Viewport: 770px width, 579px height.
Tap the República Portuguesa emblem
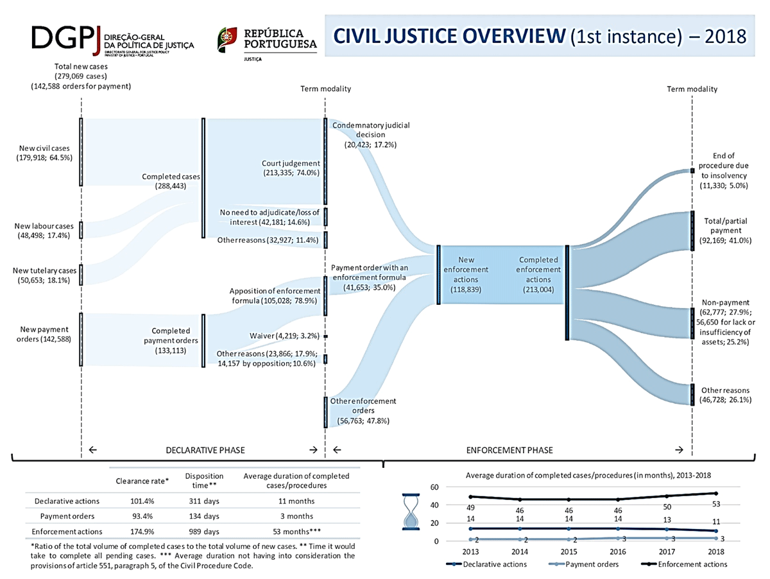pos(227,40)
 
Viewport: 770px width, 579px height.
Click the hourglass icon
pos(411,512)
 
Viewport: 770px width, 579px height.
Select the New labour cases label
pos(44,230)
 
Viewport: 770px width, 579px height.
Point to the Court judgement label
pos(291,168)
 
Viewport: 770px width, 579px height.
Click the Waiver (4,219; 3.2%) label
pos(284,336)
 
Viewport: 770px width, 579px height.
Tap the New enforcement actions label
pos(466,274)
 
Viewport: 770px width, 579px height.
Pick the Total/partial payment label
pos(726,230)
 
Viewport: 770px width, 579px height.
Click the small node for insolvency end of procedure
pos(692,171)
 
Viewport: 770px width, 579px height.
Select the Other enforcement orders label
pos(363,411)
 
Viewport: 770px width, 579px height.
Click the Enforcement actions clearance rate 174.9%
pos(142,531)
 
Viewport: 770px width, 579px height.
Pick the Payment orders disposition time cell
pos(204,516)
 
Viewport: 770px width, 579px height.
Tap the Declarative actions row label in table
pos(67,501)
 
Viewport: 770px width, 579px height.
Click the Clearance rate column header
pos(142,481)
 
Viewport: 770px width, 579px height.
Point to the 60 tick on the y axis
pos(434,487)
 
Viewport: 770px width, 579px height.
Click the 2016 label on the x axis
pos(618,551)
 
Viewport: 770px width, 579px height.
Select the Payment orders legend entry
pos(583,564)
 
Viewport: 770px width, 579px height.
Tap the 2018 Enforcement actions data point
pos(716,493)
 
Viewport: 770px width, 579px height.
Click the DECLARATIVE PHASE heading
pos(205,450)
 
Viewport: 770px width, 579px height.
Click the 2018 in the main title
pos(726,36)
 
